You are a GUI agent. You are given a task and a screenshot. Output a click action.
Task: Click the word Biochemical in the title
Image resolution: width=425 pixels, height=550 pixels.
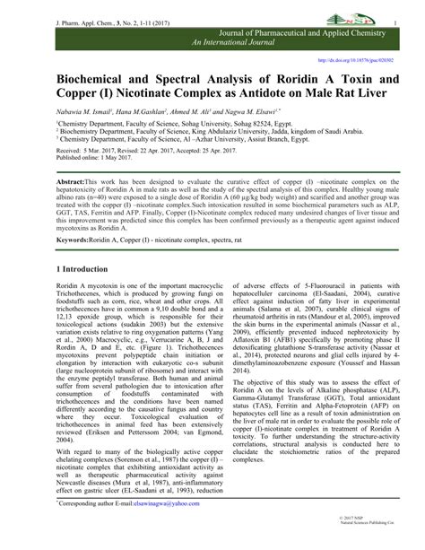point(100,81)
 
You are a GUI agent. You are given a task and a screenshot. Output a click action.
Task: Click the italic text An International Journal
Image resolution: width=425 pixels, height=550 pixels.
point(236,44)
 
